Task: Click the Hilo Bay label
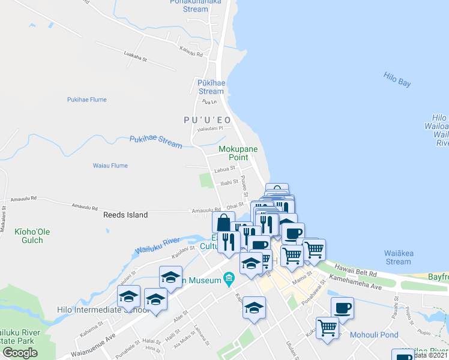pyautogui.click(x=397, y=79)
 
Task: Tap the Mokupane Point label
pyautogui.click(x=234, y=152)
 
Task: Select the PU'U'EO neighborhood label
pyautogui.click(x=207, y=120)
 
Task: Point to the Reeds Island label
pyautogui.click(x=125, y=214)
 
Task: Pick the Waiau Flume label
pyautogui.click(x=110, y=166)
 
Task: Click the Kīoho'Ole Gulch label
pyautogui.click(x=29, y=236)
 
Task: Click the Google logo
pyautogui.click(x=20, y=353)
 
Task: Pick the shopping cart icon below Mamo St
pyautogui.click(x=327, y=328)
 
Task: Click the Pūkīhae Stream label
pyautogui.click(x=211, y=87)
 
